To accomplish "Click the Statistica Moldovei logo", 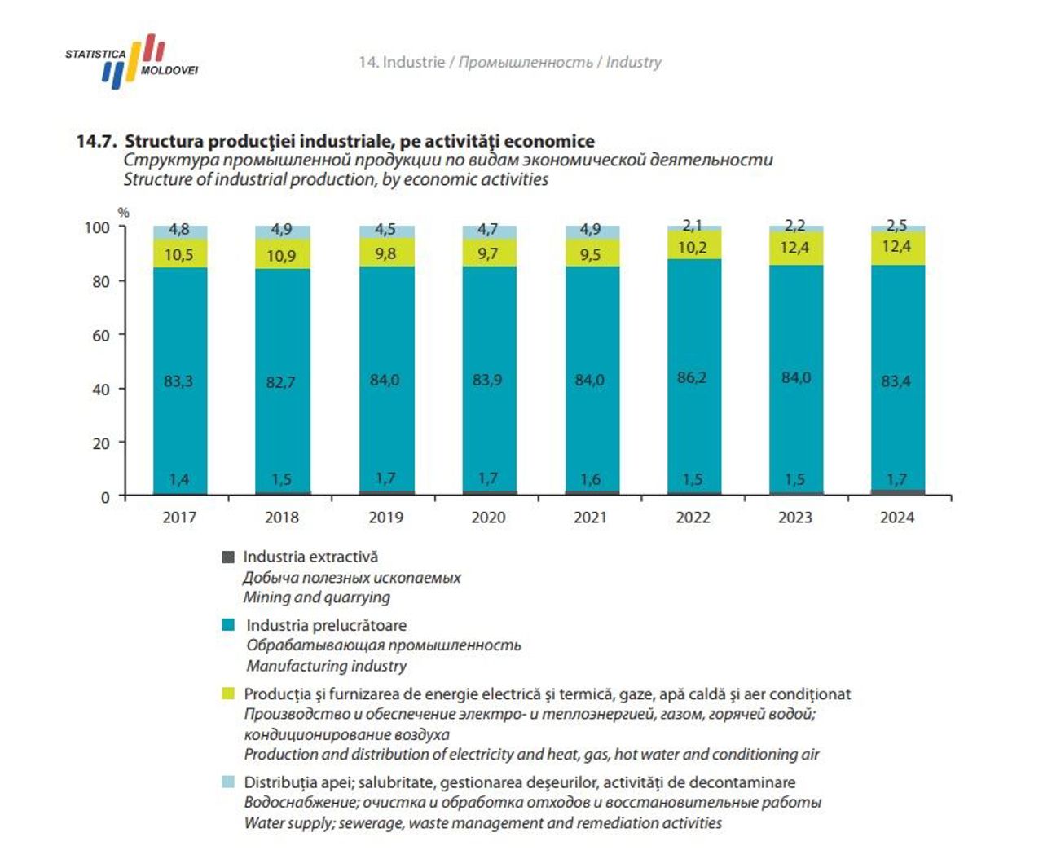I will (x=132, y=62).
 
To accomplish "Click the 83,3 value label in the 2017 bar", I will (x=178, y=381).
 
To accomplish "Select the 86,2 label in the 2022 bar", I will (x=692, y=377).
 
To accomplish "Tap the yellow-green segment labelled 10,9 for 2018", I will (x=281, y=256).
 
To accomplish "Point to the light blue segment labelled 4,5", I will (x=385, y=231).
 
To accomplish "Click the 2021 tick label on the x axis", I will (x=590, y=518).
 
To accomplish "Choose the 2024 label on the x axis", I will (x=896, y=518).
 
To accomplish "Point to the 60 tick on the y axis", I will (x=101, y=336).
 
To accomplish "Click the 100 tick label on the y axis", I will (x=97, y=227).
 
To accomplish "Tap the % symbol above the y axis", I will (x=124, y=213).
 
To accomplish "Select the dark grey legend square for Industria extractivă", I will (x=228, y=557).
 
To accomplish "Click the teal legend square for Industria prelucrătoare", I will (x=228, y=625).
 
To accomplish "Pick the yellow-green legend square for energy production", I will (x=228, y=694).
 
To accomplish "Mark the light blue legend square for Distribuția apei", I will (x=228, y=782).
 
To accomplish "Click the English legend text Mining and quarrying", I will (x=316, y=597).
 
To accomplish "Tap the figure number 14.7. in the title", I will (x=97, y=141).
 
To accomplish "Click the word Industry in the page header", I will (x=633, y=62).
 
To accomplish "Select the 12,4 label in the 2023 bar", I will (x=794, y=246).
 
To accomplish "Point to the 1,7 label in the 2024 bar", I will (x=896, y=479).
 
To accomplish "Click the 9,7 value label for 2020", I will (x=487, y=254).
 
